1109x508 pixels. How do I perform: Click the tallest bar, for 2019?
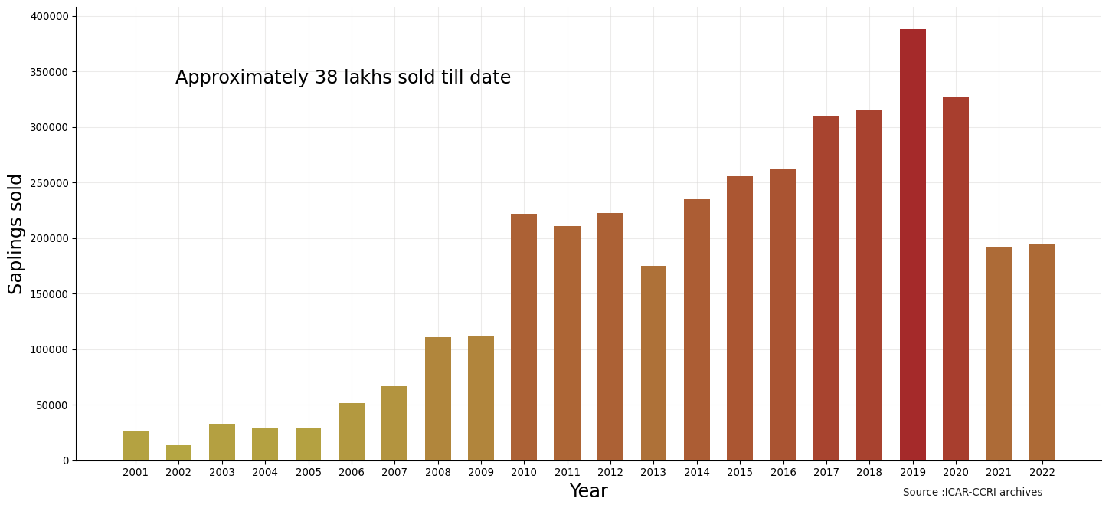point(912,245)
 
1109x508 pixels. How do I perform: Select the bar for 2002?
point(178,453)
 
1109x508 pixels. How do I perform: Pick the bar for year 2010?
point(524,337)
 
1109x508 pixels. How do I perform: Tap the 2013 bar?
point(653,363)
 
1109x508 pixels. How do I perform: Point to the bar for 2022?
point(1042,352)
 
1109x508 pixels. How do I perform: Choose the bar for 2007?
point(394,423)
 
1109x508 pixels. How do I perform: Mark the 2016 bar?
point(783,315)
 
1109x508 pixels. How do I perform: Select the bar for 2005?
point(308,444)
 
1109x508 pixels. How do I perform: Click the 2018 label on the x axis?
point(869,473)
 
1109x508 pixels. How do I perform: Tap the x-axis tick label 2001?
point(136,473)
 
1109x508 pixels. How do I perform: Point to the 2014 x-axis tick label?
point(696,473)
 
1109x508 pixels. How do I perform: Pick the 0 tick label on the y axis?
point(66,460)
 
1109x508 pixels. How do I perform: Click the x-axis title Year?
point(588,492)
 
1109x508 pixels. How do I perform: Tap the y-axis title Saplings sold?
point(16,234)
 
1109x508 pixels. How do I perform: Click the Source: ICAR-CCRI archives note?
point(972,493)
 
